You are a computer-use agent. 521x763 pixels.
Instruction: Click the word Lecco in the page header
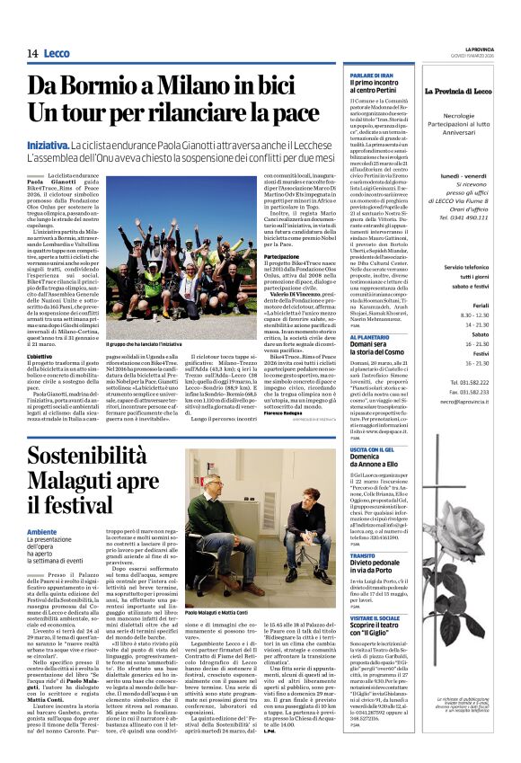click(x=56, y=54)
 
